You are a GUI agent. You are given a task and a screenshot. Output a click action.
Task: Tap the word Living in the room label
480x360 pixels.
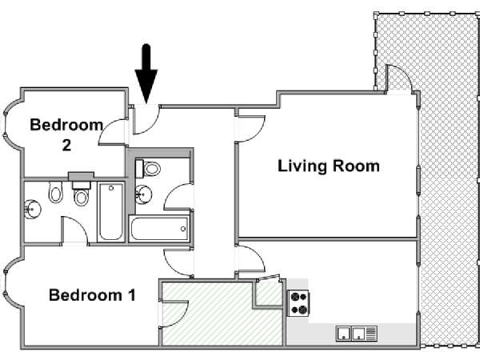click(302, 167)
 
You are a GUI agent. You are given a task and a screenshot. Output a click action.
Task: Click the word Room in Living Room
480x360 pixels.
click(356, 166)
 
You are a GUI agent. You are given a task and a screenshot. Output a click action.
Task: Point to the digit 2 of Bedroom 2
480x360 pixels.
click(66, 145)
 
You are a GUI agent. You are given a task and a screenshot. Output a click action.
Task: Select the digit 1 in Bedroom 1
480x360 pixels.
click(132, 295)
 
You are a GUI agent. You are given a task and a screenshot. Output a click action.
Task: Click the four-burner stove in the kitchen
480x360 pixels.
click(298, 303)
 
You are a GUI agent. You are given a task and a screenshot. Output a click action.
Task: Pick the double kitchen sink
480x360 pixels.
click(357, 334)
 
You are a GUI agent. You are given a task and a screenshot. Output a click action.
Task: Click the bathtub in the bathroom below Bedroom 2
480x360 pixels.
click(111, 212)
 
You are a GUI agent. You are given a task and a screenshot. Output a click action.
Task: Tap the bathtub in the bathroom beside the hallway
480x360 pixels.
click(159, 228)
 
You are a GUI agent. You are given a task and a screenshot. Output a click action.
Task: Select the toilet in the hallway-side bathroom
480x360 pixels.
click(148, 169)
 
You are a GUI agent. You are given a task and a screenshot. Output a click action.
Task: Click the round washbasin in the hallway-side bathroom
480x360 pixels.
click(143, 194)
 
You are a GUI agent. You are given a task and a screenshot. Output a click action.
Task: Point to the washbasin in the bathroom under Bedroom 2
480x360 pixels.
click(32, 210)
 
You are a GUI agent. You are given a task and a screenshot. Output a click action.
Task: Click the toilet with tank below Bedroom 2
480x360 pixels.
click(82, 193)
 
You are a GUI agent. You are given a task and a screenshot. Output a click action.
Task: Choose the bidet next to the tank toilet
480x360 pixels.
click(55, 192)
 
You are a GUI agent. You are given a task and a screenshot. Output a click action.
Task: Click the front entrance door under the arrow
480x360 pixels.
click(146, 120)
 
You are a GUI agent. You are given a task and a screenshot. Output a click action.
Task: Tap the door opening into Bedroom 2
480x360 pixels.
click(113, 132)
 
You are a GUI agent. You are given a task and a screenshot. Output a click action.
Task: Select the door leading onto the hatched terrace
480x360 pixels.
click(399, 78)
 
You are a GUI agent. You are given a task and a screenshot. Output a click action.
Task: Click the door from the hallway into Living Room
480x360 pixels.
click(250, 129)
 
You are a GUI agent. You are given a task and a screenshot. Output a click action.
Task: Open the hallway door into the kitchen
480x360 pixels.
click(250, 258)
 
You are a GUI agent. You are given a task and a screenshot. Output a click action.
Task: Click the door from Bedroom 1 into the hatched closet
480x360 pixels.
click(174, 314)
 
